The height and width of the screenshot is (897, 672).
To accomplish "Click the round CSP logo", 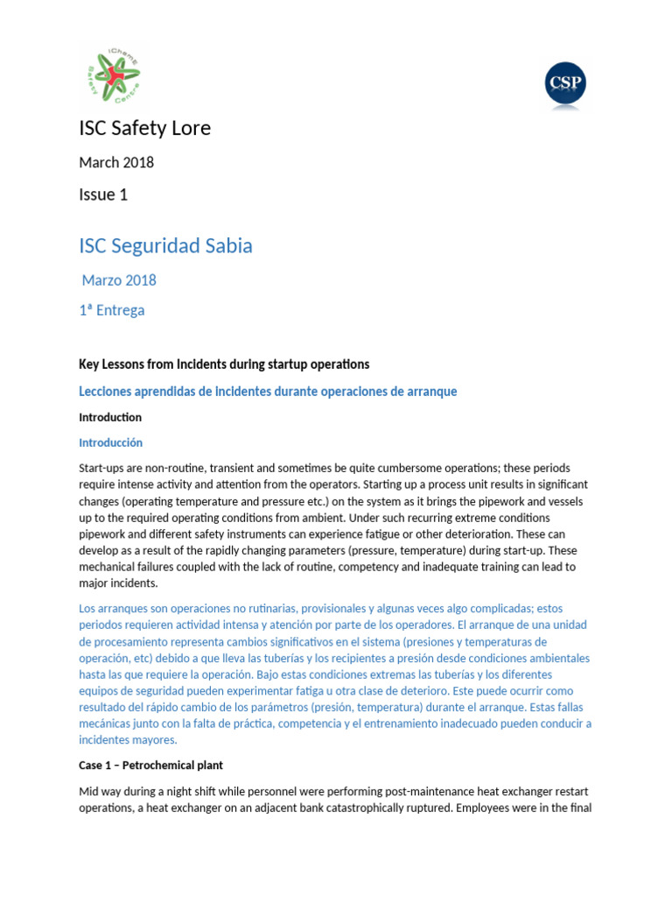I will (564, 84).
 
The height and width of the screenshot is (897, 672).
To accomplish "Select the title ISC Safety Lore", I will (144, 128).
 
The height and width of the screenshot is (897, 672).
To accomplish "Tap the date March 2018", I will (116, 162).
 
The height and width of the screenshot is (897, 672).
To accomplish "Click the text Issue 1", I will (103, 194).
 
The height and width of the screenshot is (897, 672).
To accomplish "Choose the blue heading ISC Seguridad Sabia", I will (165, 245).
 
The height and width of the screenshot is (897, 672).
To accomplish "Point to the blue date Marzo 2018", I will (119, 280).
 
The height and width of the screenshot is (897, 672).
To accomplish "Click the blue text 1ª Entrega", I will (112, 310).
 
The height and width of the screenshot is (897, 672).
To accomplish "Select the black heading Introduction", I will (110, 417).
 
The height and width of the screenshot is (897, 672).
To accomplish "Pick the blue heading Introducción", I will (110, 442).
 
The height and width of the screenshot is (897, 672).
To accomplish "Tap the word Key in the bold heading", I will (89, 364).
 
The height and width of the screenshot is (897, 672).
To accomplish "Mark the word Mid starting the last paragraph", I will (90, 791).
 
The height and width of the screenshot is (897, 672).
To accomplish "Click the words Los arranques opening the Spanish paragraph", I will (115, 608).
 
